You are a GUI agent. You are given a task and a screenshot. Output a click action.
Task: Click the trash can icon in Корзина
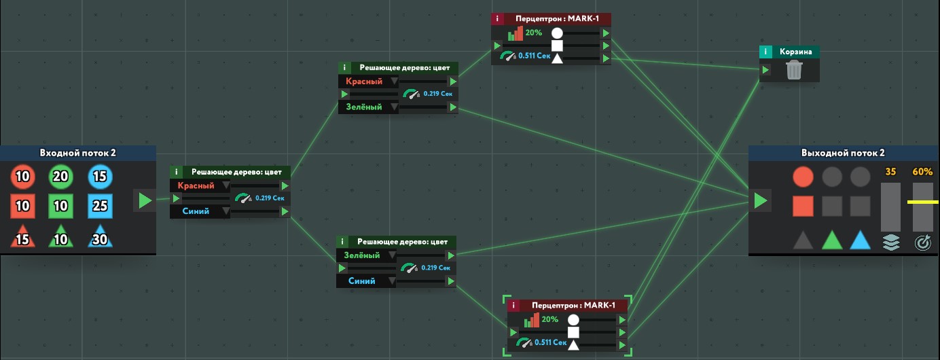[794, 70]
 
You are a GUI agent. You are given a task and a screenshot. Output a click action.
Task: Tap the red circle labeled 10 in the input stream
[22, 177]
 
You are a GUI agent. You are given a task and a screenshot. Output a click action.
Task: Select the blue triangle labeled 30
[100, 237]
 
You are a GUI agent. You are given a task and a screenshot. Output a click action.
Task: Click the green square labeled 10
[61, 206]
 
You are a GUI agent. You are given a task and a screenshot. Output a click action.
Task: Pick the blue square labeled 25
[100, 206]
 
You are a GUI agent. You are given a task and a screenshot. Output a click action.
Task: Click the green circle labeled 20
[61, 177]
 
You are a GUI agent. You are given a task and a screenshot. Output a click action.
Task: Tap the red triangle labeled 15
[22, 237]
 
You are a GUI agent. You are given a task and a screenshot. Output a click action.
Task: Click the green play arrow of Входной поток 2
[145, 200]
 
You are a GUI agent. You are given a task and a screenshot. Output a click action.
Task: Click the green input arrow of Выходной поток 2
[761, 200]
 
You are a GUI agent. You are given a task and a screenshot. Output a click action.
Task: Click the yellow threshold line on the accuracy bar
[922, 202]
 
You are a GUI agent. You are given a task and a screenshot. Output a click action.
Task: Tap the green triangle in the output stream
[832, 240]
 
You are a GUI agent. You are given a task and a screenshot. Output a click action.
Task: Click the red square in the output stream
[803, 206]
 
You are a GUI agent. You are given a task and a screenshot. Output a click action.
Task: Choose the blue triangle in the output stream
[861, 240]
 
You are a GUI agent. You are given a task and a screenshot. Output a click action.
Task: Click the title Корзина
[793, 52]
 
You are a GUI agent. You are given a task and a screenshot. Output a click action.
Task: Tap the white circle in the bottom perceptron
[573, 319]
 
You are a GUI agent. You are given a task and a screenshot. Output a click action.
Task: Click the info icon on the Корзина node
[765, 52]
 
